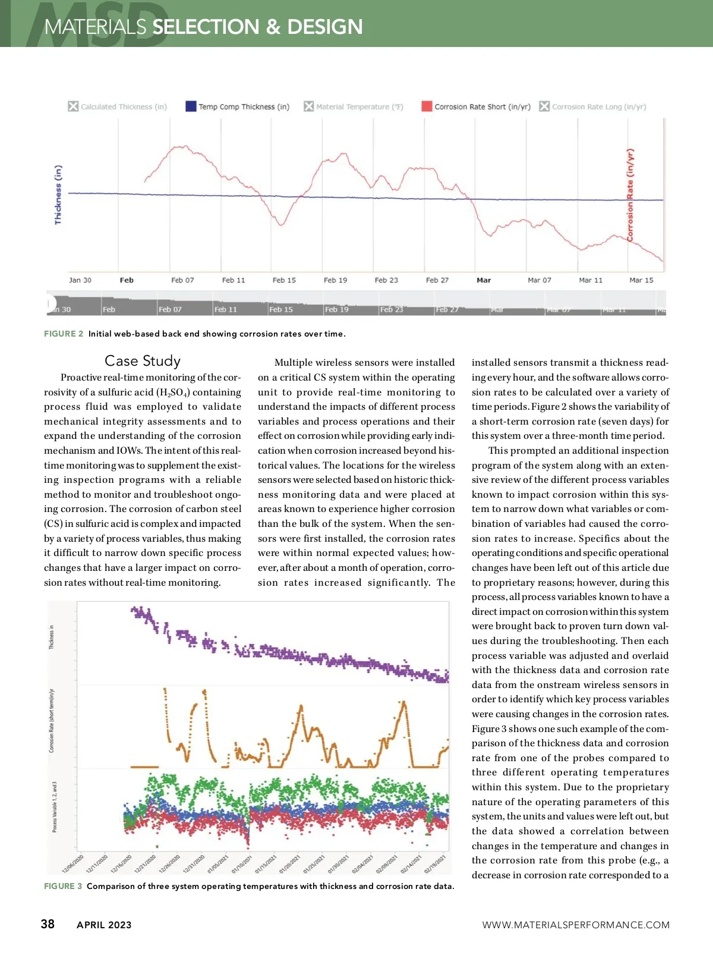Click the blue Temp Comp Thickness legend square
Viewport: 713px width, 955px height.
(x=191, y=106)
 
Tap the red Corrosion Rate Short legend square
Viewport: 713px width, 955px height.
(x=427, y=106)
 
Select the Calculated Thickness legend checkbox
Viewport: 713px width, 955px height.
(x=73, y=106)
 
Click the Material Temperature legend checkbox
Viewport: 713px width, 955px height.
(x=308, y=106)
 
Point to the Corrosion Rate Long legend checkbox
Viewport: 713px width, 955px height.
(x=544, y=106)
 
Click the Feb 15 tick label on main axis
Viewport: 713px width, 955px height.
(x=284, y=280)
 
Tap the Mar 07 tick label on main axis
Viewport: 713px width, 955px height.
(x=540, y=280)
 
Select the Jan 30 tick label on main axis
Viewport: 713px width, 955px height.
(x=80, y=280)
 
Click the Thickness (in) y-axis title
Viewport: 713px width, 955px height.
(x=58, y=194)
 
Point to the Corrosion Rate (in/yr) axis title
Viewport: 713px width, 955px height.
(x=630, y=194)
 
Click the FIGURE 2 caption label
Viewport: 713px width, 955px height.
(x=64, y=334)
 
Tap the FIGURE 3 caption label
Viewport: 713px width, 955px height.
(x=63, y=886)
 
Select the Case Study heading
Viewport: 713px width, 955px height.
(x=143, y=361)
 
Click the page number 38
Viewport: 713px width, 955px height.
(x=48, y=924)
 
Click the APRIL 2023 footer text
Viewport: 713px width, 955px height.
(x=104, y=925)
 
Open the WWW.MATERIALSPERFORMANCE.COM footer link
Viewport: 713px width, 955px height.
(x=576, y=925)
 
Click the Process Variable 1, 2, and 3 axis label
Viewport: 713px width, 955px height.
(x=55, y=807)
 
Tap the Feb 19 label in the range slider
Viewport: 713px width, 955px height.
(x=336, y=309)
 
